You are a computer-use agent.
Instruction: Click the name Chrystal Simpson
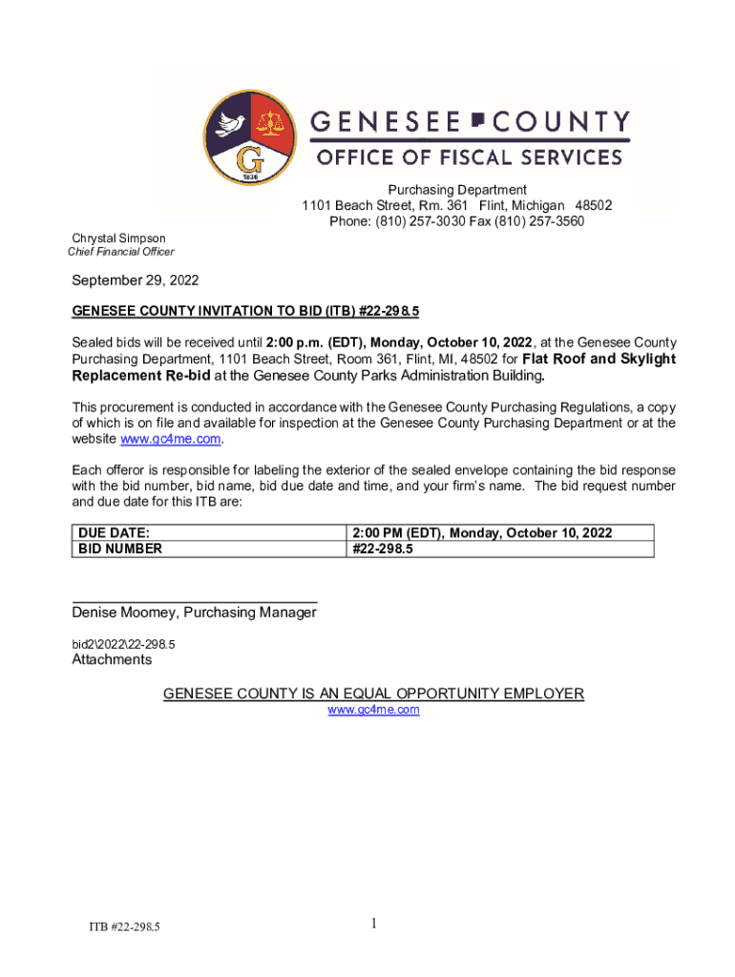[x=119, y=239]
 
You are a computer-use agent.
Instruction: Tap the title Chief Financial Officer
[x=120, y=252]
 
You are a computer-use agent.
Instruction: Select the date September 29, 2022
[x=136, y=281]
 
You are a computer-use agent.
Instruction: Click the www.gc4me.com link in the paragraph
[x=171, y=439]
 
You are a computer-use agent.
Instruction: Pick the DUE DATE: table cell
[x=113, y=532]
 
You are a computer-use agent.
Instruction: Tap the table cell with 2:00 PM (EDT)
[x=482, y=532]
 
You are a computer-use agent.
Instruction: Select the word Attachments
[x=112, y=659]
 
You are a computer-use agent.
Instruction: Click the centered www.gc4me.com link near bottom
[x=373, y=710]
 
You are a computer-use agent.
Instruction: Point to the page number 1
[x=375, y=923]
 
